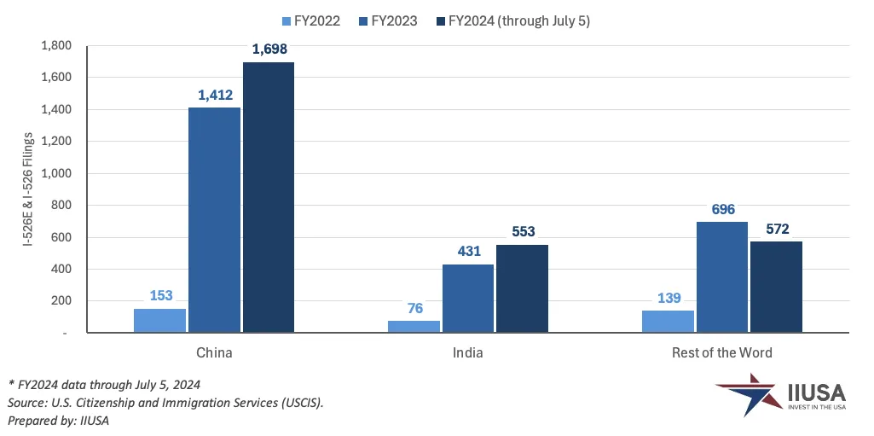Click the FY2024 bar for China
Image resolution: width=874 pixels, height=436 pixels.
(269, 197)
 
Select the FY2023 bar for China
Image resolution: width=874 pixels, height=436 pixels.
(214, 219)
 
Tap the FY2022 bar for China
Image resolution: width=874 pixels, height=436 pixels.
(160, 320)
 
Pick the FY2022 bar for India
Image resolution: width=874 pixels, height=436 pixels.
(414, 326)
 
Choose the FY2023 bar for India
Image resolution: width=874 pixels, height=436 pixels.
(468, 298)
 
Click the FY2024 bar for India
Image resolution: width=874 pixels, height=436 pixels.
(522, 288)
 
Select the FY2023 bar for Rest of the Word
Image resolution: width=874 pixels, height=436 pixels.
(722, 276)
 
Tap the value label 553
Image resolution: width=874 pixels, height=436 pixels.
(522, 231)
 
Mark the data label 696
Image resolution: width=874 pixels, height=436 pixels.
(722, 209)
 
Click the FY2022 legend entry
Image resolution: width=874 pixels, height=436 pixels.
(312, 20)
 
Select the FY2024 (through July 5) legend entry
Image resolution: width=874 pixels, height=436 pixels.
(512, 20)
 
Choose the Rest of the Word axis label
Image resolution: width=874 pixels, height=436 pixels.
(721, 352)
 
